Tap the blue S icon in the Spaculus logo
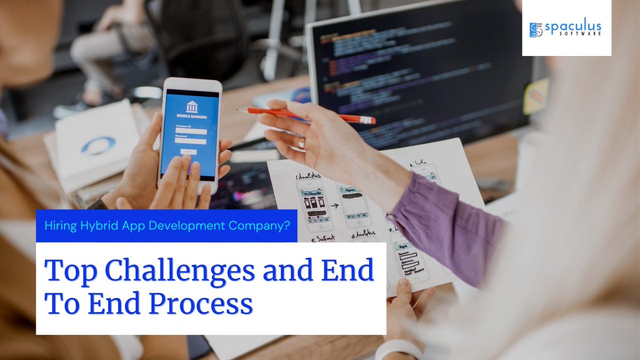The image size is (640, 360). click(535, 30)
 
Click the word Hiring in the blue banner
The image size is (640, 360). click(61, 225)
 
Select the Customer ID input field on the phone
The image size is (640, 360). click(190, 131)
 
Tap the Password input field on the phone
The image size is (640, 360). click(190, 141)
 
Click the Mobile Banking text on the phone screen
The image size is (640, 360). click(190, 118)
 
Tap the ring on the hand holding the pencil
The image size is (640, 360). click(302, 143)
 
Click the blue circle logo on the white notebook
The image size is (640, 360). click(98, 145)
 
